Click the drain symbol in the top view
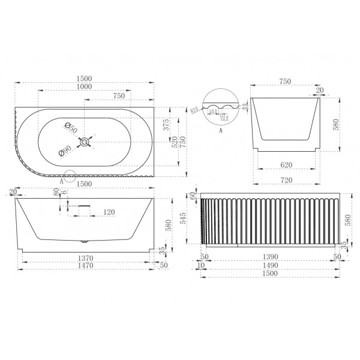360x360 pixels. tap(87, 142)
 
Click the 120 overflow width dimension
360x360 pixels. tap(110, 212)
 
